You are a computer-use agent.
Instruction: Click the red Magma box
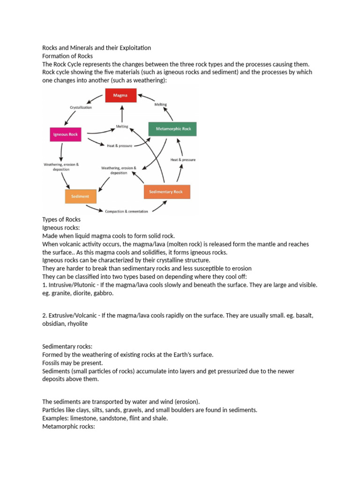click(x=120, y=96)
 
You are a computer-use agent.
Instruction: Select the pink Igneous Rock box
click(x=66, y=135)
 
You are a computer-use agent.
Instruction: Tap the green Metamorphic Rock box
click(x=172, y=129)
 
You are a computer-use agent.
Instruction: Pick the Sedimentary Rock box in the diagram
click(x=166, y=192)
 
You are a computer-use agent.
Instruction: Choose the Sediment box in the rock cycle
click(x=81, y=196)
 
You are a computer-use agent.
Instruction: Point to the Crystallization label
click(x=81, y=107)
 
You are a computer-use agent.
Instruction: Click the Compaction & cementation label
click(x=127, y=211)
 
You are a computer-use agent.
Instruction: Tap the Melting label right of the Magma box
click(x=160, y=105)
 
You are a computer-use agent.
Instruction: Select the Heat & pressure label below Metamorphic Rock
click(x=183, y=160)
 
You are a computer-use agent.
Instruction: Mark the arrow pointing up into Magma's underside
click(x=122, y=112)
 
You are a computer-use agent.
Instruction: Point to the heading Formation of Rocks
click(x=67, y=56)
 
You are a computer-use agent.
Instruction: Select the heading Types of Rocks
click(x=61, y=219)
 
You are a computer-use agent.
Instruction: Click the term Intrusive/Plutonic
click(x=70, y=285)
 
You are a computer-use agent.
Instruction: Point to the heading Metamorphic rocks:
click(x=68, y=427)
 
